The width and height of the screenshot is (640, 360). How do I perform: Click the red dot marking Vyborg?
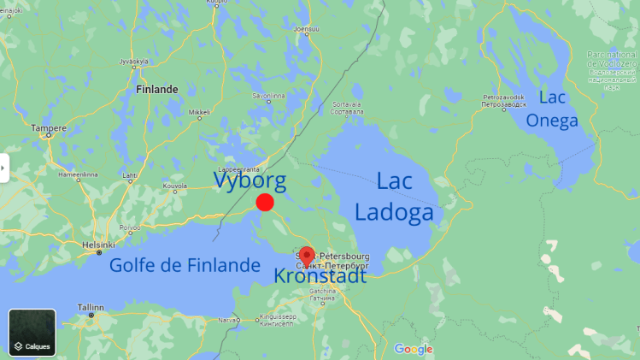[265, 203]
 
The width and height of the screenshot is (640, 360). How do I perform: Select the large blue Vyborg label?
[250, 180]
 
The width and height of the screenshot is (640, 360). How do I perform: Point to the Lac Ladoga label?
[394, 196]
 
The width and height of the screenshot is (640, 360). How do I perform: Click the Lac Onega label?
[552, 109]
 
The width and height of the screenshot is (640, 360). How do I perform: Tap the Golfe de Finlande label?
[184, 265]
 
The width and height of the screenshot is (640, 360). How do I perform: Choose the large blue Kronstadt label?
[320, 276]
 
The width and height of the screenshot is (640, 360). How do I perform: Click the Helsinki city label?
[98, 245]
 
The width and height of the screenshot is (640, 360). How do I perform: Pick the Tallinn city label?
[91, 307]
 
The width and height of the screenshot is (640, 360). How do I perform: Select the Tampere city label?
[49, 128]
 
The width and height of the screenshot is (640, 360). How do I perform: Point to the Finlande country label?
[156, 89]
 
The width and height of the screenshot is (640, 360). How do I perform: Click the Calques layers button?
[32, 333]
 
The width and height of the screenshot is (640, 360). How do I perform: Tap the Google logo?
[414, 349]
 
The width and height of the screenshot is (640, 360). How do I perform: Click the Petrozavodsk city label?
[502, 97]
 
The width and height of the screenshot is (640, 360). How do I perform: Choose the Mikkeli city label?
[199, 112]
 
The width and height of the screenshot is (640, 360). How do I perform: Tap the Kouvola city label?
[174, 185]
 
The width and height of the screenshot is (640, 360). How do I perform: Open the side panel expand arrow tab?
[4, 168]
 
